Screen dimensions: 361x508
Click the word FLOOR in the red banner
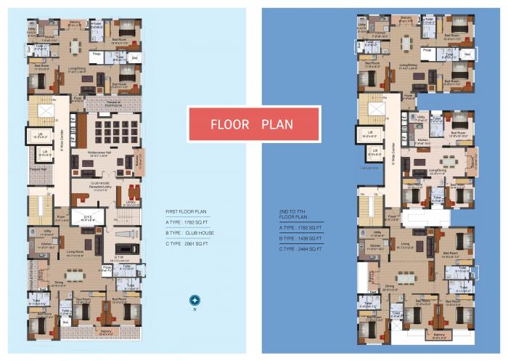231,124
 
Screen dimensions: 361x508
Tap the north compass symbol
194,300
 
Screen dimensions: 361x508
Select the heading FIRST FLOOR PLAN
186,211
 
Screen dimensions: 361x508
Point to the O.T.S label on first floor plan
88,216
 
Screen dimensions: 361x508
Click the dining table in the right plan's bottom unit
406,277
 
